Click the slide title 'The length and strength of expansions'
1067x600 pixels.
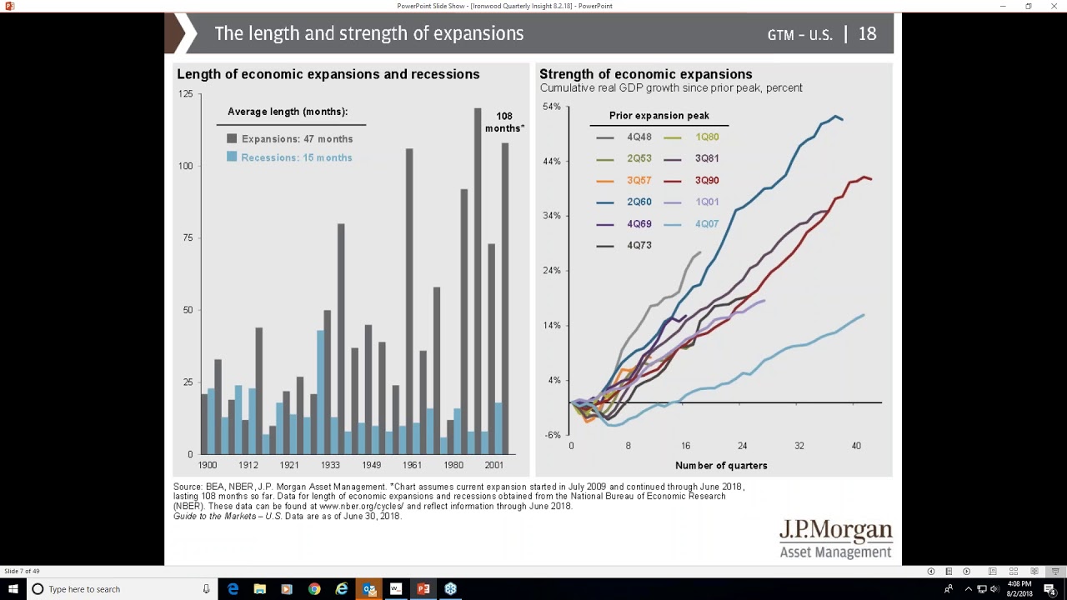click(x=368, y=33)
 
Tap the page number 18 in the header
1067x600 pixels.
click(x=867, y=34)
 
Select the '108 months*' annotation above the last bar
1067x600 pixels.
click(x=504, y=122)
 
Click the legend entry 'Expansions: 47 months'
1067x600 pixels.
click(x=289, y=139)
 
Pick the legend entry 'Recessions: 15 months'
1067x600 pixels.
click(x=289, y=157)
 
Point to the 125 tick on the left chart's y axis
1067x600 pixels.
click(x=185, y=94)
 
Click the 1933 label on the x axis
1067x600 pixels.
click(x=330, y=465)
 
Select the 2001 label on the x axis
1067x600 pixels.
click(x=494, y=465)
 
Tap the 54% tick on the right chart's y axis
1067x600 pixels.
click(x=552, y=107)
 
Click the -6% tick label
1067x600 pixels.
click(x=553, y=435)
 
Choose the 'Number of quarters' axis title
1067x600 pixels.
click(x=721, y=465)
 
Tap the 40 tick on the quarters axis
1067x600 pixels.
click(x=856, y=446)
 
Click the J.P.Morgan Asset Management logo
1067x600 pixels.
click(x=835, y=539)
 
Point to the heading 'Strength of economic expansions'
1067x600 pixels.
click(x=645, y=74)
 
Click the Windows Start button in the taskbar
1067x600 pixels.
click(x=13, y=589)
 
